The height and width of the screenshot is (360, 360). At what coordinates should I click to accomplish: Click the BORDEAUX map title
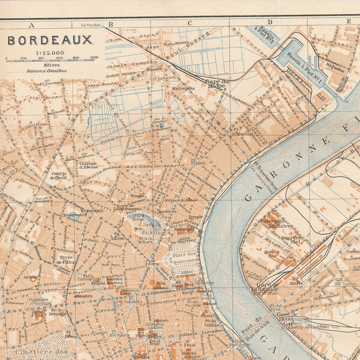click(50, 40)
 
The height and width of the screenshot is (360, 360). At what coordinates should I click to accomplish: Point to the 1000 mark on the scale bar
click(94, 58)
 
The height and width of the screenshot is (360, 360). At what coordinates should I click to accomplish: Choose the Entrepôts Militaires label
click(276, 223)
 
